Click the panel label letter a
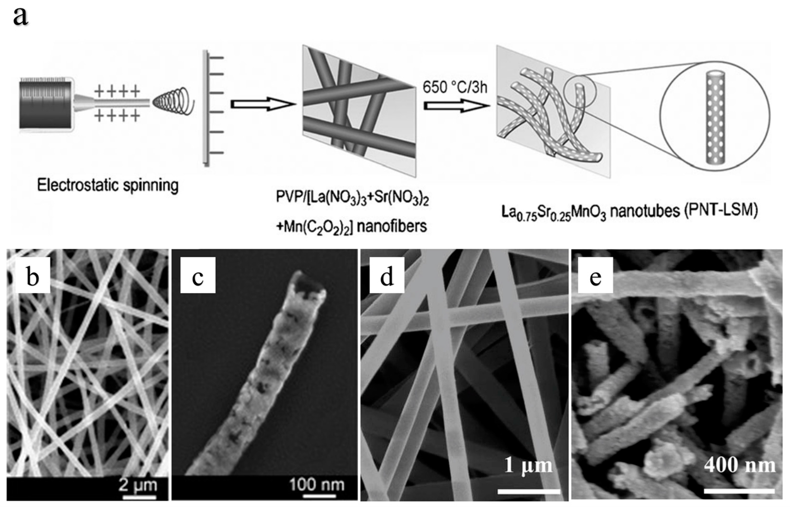21,16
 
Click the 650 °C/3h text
455,88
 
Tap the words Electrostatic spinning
108,186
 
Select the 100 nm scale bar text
317,484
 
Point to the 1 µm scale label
528,465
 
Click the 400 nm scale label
740,465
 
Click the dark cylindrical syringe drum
45,104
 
